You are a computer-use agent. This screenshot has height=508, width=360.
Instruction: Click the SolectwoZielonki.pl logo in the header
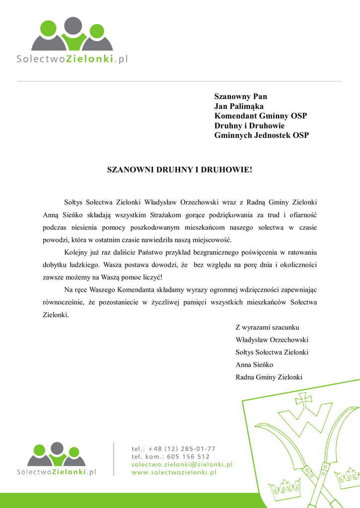[72, 42]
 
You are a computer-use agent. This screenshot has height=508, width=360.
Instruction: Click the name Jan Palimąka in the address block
[239, 106]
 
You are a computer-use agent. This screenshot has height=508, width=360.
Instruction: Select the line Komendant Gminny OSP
[260, 116]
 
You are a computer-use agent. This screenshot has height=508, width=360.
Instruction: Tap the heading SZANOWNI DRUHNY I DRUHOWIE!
[180, 170]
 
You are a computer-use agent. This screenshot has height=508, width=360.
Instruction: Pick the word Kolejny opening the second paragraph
[76, 252]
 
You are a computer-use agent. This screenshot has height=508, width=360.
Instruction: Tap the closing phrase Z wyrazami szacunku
[267, 327]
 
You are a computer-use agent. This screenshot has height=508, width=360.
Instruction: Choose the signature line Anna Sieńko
[254, 365]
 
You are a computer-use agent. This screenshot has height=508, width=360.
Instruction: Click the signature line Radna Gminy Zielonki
[269, 377]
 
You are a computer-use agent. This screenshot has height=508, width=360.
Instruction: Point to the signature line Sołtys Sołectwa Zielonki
[272, 352]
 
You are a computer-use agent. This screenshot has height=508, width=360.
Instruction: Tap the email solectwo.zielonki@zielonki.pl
[182, 464]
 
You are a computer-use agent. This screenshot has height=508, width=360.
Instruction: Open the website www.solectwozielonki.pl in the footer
[174, 473]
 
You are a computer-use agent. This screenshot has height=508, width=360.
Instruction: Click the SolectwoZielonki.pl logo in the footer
[57, 459]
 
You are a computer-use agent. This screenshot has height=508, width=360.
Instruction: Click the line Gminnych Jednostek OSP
[261, 135]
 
